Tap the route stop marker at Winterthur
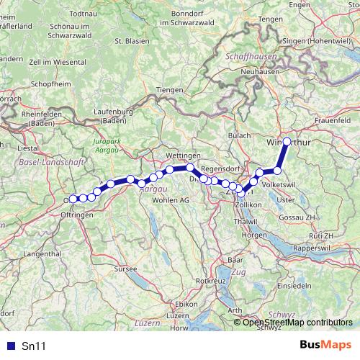coord(287,142)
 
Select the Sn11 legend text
coord(34,346)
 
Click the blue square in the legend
coord(9,346)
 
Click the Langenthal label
coord(43,253)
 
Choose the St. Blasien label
coord(132,40)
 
